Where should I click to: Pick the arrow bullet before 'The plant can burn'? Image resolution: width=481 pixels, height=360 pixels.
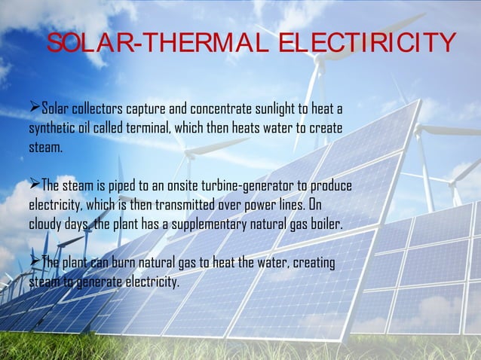[33, 261]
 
